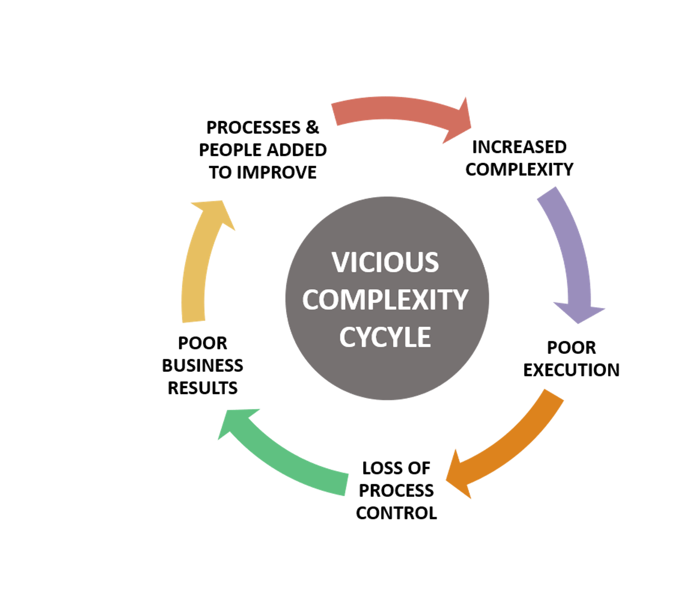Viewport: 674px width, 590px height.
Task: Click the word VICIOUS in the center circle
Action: [x=385, y=262]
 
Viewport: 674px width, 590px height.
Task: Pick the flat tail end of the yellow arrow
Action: [x=194, y=322]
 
